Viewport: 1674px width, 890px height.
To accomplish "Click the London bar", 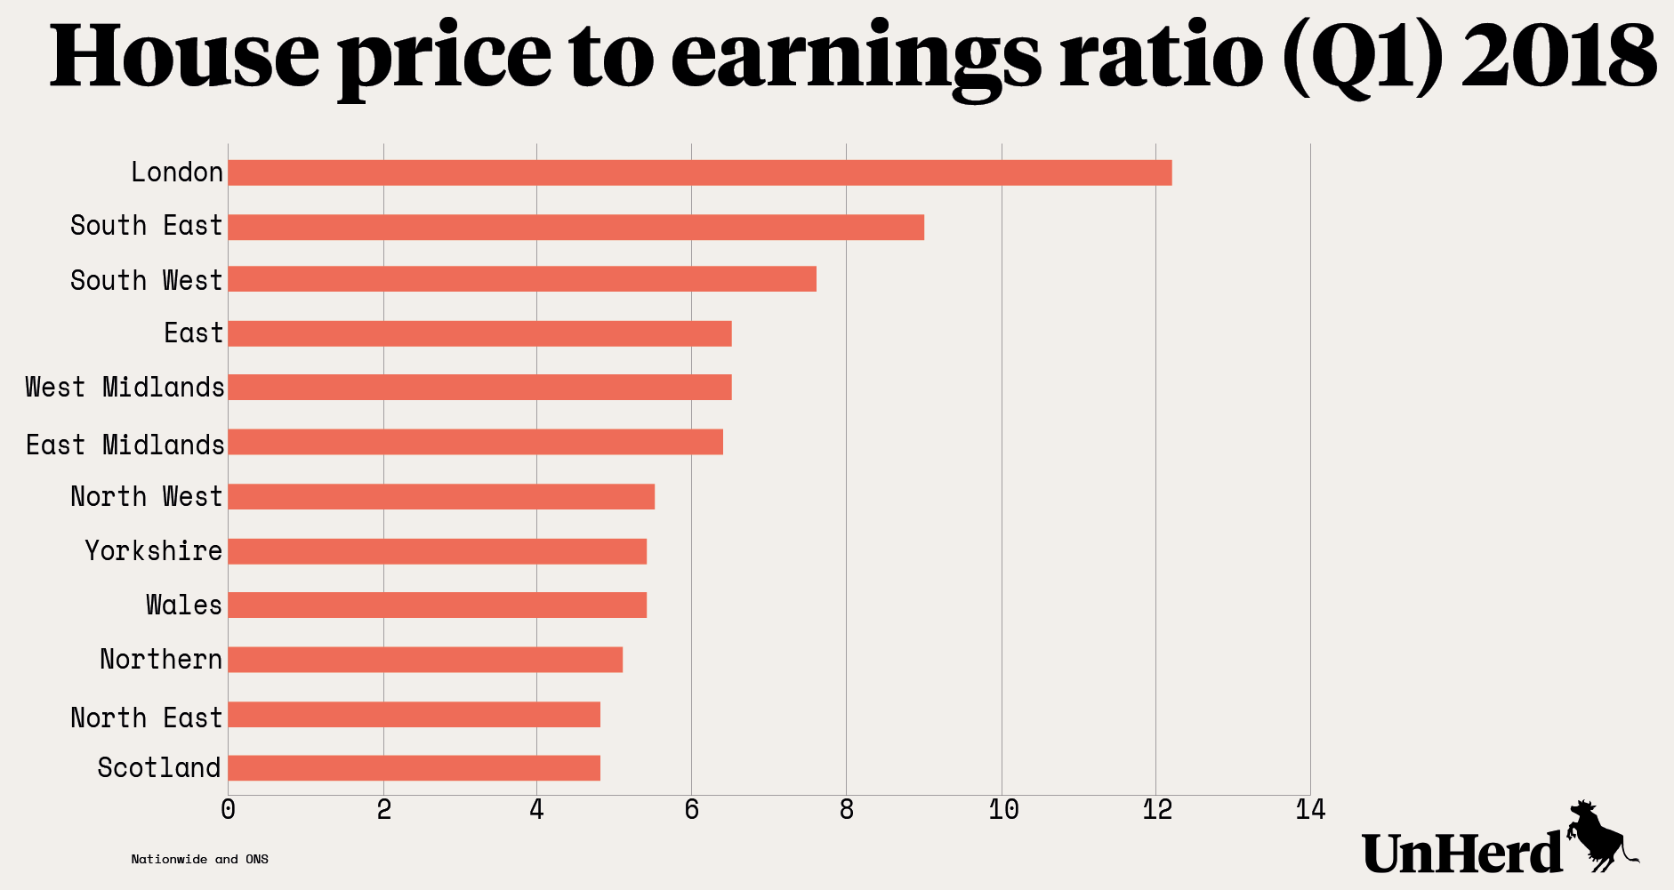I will [x=699, y=172].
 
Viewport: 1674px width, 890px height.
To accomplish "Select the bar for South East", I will [x=575, y=227].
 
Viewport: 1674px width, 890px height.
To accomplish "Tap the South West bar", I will [x=521, y=279].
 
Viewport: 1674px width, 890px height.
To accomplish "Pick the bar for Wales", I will [x=437, y=605].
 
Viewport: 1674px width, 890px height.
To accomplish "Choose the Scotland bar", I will [x=414, y=768].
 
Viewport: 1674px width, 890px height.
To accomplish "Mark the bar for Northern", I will [x=425, y=660].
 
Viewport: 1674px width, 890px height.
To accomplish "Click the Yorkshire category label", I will [x=154, y=551].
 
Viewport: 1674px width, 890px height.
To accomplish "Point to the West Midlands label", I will [x=125, y=388].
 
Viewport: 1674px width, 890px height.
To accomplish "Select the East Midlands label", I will [x=125, y=445].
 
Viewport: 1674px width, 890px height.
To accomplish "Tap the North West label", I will [x=146, y=497].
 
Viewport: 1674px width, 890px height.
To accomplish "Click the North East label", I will [x=146, y=718].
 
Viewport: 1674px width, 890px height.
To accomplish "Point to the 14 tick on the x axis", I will [x=1310, y=810].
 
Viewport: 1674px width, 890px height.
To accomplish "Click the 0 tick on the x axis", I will [x=229, y=810].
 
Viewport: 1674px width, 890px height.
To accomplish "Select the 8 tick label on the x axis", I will [x=846, y=810].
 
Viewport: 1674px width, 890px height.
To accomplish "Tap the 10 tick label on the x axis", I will [x=1002, y=810].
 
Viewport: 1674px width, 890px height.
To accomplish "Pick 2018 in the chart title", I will [x=1558, y=56].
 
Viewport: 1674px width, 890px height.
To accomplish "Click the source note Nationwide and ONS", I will [x=199, y=859].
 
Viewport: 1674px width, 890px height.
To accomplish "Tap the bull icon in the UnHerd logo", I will [x=1599, y=836].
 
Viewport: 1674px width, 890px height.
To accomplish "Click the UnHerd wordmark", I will [x=1462, y=853].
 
